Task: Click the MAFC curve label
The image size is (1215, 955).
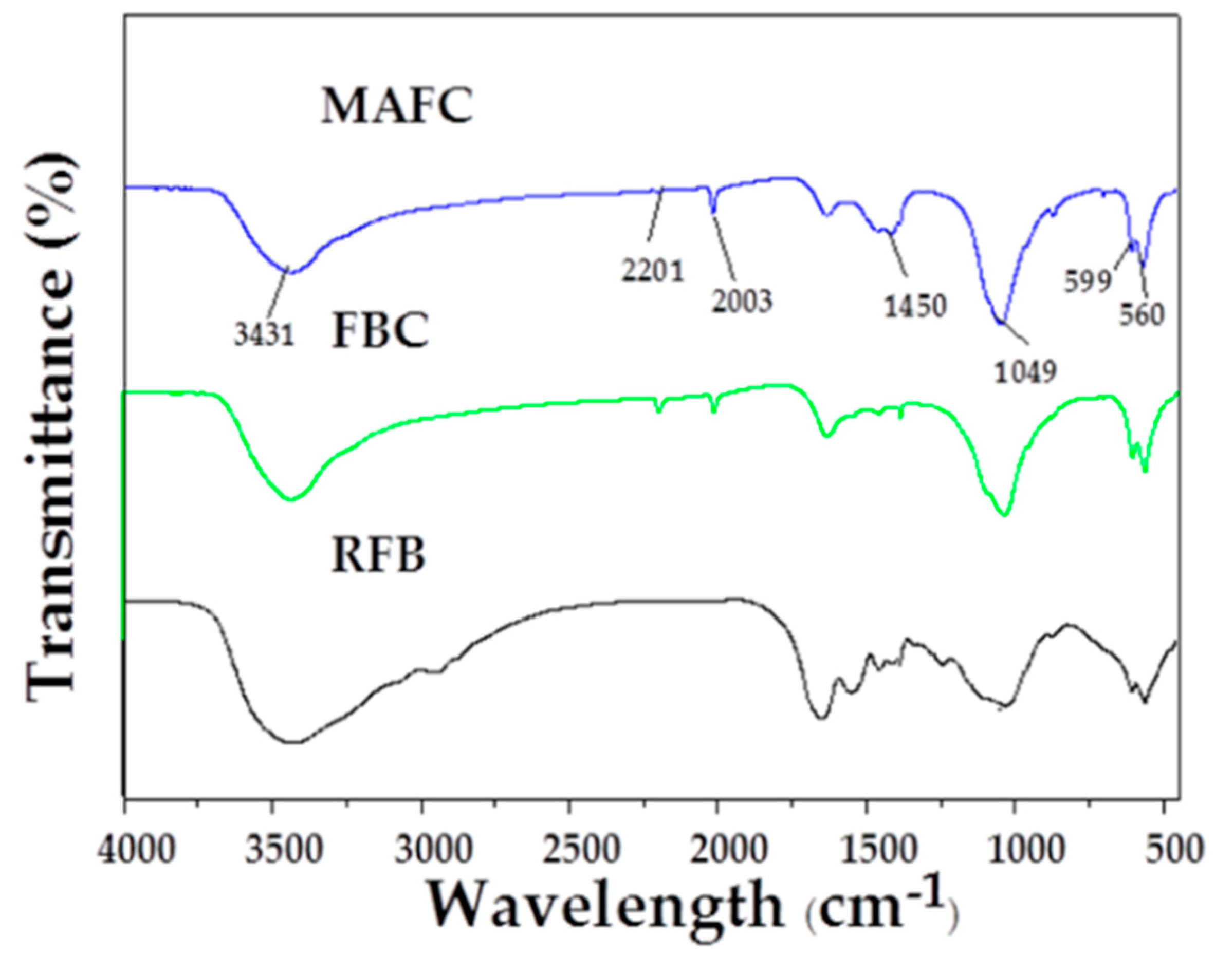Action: point(396,106)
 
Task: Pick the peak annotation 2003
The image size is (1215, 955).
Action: point(742,301)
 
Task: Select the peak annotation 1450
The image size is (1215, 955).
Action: point(915,305)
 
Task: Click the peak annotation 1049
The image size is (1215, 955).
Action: point(1025,371)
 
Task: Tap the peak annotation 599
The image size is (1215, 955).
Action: point(1087,282)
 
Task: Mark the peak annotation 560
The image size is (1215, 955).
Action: point(1141,316)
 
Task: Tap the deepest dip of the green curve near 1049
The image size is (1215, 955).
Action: point(1005,514)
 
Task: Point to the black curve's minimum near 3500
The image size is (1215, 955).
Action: point(291,742)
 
